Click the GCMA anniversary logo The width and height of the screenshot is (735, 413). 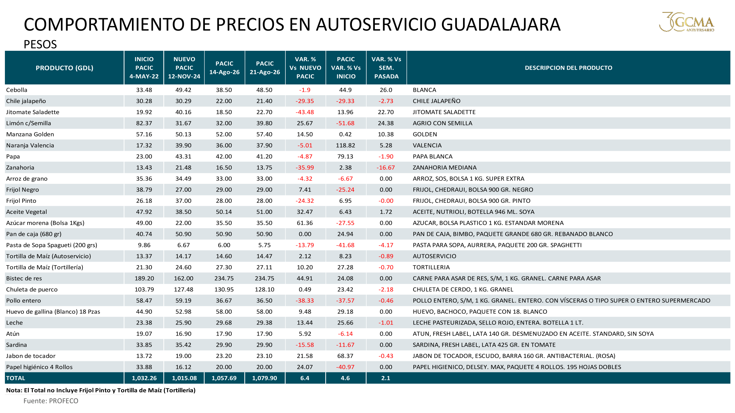687,22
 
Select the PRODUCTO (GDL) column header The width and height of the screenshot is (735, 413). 64,68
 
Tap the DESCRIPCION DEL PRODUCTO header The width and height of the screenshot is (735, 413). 568,68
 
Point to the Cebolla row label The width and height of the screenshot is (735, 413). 17,90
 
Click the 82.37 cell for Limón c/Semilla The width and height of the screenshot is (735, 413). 144,123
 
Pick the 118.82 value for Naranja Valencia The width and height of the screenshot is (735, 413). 345,145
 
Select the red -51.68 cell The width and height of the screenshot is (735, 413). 345,123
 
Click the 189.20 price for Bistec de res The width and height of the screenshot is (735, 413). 144,278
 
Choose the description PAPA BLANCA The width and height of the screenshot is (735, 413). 432,156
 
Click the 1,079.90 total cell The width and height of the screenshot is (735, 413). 264,378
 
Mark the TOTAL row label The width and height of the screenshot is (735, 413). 16,378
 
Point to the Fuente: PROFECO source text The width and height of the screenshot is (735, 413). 51,401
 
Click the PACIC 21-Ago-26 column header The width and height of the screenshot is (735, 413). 265,68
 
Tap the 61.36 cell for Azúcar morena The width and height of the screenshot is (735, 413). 305,223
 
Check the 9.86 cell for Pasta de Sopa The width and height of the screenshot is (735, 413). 144,245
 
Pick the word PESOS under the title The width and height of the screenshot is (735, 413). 40,44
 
